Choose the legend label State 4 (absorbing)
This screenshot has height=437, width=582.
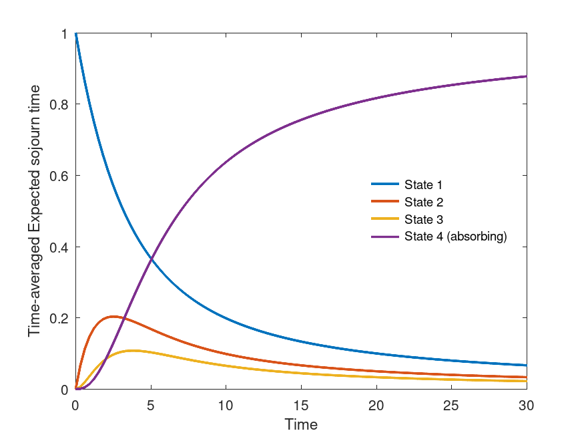pyautogui.click(x=456, y=237)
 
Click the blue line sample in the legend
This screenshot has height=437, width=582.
pyautogui.click(x=385, y=184)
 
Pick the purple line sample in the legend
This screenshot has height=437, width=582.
pyautogui.click(x=385, y=237)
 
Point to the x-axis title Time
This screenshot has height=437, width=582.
pyautogui.click(x=301, y=425)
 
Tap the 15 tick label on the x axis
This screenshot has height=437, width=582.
pyautogui.click(x=301, y=405)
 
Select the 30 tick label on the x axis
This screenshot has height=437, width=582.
pyautogui.click(x=527, y=405)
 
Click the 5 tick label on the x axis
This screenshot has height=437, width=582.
pyautogui.click(x=151, y=405)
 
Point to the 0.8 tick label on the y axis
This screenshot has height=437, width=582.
pyautogui.click(x=61, y=104)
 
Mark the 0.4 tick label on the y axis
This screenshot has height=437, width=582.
pyautogui.click(x=61, y=247)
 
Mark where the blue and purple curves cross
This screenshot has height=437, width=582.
pyautogui.click(x=153, y=259)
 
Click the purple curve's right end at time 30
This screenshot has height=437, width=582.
pyautogui.click(x=526, y=76)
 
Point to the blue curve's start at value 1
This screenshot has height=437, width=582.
pyautogui.click(x=76, y=34)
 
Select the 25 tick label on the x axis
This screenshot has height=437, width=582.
pyautogui.click(x=452, y=405)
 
